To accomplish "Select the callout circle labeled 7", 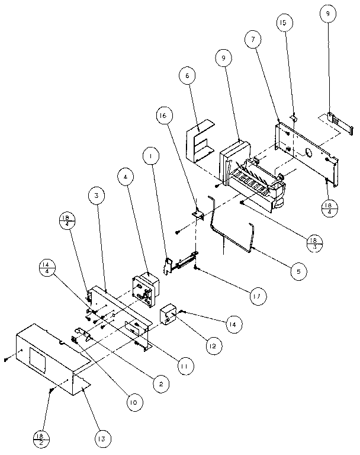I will [253, 39].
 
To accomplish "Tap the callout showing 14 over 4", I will [47, 268].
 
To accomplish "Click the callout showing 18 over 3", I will [313, 242].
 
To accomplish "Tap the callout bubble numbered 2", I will [158, 384].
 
